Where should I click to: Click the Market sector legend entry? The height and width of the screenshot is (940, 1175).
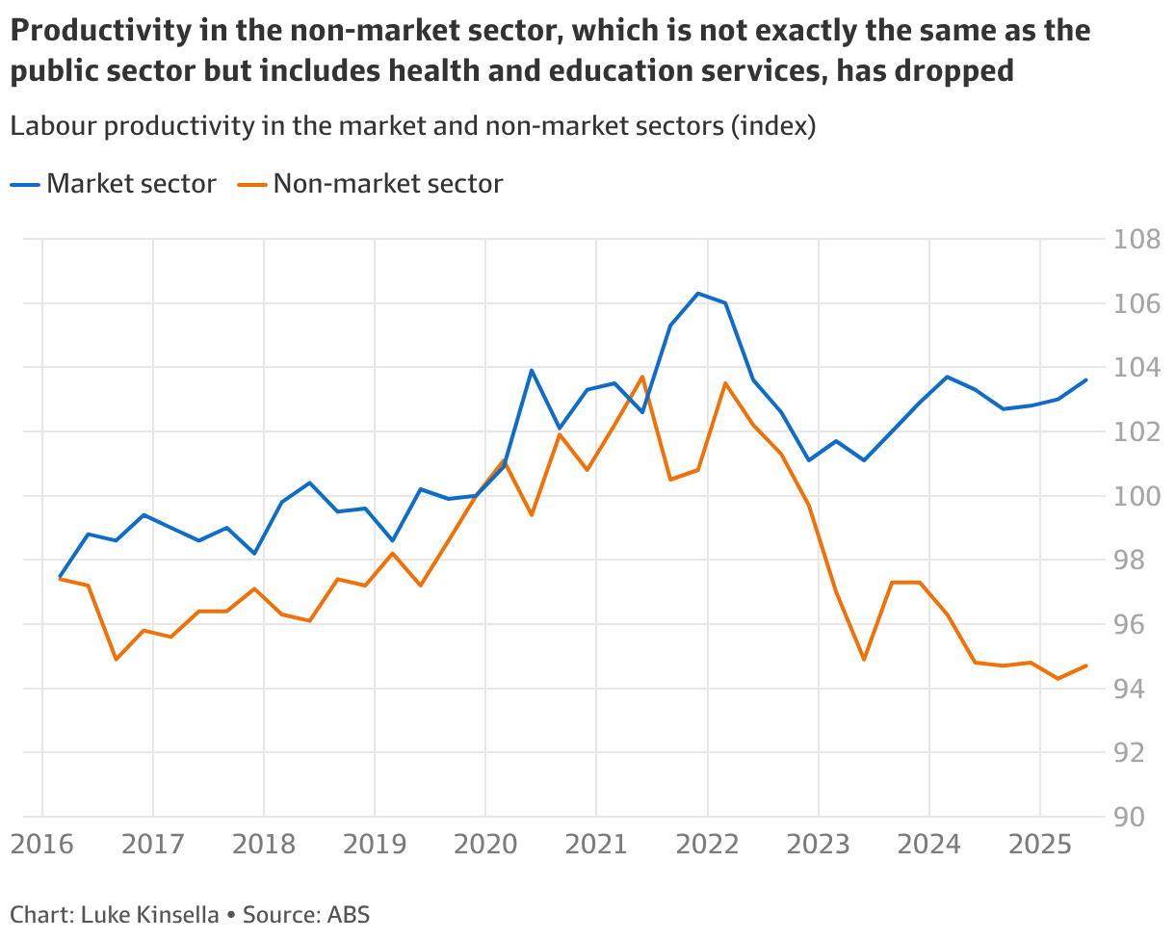(x=113, y=184)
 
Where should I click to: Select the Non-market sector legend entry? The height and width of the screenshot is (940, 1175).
(x=370, y=184)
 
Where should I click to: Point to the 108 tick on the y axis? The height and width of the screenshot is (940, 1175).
(x=1136, y=240)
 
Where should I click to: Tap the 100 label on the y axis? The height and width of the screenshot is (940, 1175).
(x=1136, y=497)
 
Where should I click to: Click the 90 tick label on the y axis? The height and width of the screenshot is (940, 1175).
(x=1129, y=817)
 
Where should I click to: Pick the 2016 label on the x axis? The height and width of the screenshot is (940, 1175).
(x=42, y=845)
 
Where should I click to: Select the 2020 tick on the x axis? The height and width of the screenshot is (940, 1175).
(x=485, y=845)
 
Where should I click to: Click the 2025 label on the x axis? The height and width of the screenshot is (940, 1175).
(x=1040, y=845)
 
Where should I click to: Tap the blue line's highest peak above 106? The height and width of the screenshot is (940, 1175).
(x=698, y=294)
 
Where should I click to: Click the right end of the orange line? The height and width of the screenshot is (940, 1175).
(x=1086, y=666)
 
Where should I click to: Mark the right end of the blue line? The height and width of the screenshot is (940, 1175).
(x=1086, y=379)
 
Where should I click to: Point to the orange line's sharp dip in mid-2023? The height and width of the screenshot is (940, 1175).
(x=864, y=660)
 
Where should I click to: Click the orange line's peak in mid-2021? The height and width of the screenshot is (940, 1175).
(x=642, y=377)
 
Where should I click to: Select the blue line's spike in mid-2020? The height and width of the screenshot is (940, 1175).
(x=532, y=371)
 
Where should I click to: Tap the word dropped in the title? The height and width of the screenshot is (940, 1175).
(x=953, y=71)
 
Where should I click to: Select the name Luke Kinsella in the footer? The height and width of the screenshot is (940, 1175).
(x=150, y=914)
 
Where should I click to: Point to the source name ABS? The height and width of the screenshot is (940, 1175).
(x=349, y=914)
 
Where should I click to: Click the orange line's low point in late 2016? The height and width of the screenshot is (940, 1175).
(x=116, y=660)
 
